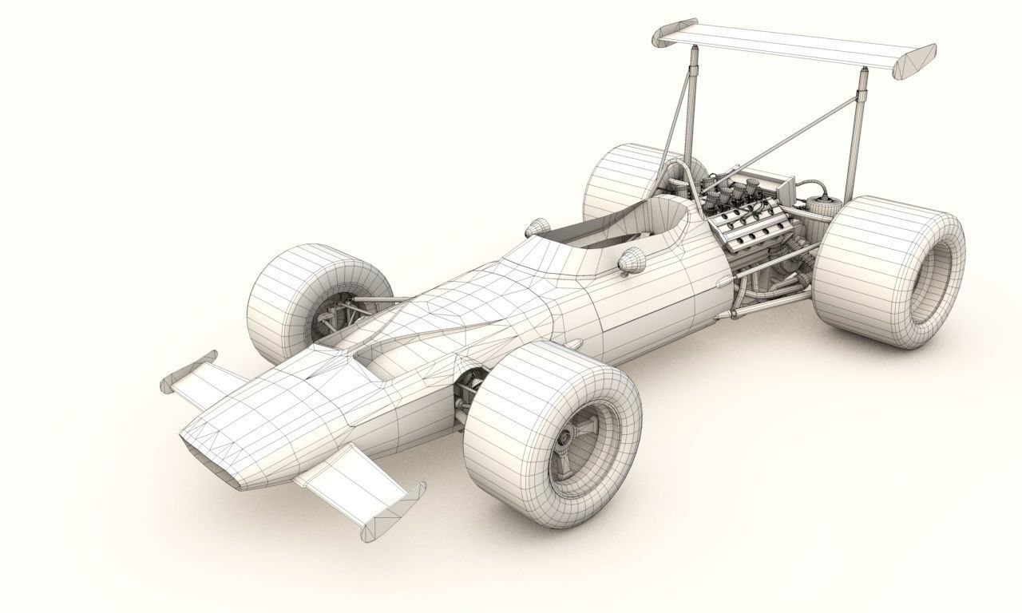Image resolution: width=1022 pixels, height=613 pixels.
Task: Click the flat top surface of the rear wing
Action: (x=790, y=44)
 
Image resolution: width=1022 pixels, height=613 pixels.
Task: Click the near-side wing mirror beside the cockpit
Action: (x=632, y=261)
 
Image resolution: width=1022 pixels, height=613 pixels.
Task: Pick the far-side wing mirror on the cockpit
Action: (x=537, y=228)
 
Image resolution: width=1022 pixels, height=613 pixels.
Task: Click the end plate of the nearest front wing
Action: (x=391, y=511)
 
